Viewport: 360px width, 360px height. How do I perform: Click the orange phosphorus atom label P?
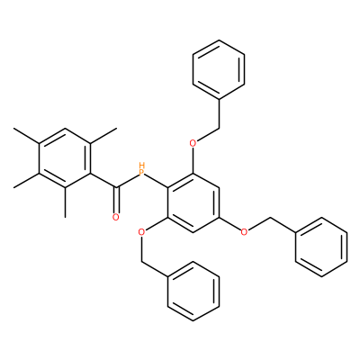pyautogui.click(x=142, y=173)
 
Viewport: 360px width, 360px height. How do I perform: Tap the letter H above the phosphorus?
pyautogui.click(x=142, y=166)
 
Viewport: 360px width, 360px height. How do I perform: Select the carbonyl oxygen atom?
pyautogui.click(x=116, y=217)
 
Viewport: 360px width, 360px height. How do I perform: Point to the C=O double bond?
pyautogui.click(x=116, y=201)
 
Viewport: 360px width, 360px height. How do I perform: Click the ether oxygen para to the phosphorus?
pyautogui.click(x=245, y=232)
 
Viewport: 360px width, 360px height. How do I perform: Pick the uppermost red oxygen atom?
pyautogui.click(x=193, y=143)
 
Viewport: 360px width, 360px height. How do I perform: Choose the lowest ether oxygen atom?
pyautogui.click(x=141, y=232)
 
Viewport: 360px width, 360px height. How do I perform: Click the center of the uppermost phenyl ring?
pyautogui.click(x=219, y=69)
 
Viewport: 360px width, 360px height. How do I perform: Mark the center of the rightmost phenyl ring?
pyautogui.click(x=321, y=247)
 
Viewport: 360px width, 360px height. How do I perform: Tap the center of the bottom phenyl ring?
pyautogui.click(x=193, y=292)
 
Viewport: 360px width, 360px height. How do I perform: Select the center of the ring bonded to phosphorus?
pyautogui.click(x=193, y=202)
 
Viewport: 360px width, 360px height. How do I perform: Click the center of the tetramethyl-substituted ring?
pyautogui.click(x=65, y=158)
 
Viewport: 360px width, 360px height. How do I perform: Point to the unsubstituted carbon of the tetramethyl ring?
pyautogui.click(x=65, y=129)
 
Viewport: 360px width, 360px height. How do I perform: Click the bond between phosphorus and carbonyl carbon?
pyautogui.click(x=127, y=181)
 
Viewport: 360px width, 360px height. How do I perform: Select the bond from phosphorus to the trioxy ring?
pyautogui.click(x=157, y=181)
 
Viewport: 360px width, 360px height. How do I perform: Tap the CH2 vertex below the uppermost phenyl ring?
pyautogui.click(x=219, y=129)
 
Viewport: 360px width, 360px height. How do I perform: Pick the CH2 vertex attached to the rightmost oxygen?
pyautogui.click(x=271, y=218)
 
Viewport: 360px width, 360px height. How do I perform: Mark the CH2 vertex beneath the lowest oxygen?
pyautogui.click(x=141, y=262)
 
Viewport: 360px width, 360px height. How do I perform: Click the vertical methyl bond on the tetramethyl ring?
pyautogui.click(x=65, y=202)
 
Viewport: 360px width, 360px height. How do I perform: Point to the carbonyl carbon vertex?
pyautogui.click(x=116, y=188)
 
